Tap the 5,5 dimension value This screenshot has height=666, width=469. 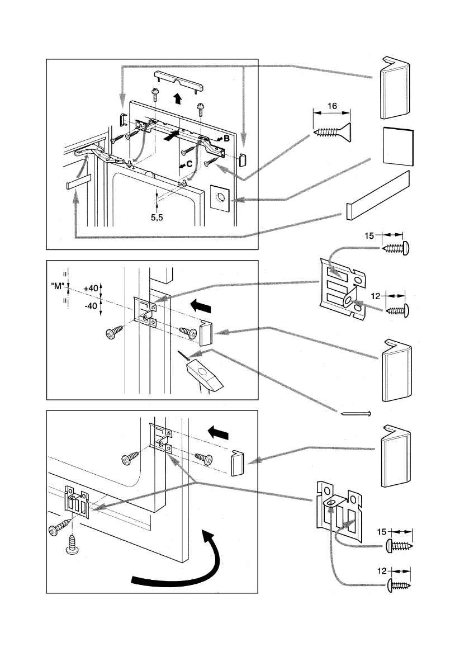point(158,219)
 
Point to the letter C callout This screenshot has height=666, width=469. point(190,164)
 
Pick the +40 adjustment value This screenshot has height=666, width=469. point(90,287)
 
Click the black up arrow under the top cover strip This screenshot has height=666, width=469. point(177,100)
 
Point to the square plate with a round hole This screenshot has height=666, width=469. point(220,196)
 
